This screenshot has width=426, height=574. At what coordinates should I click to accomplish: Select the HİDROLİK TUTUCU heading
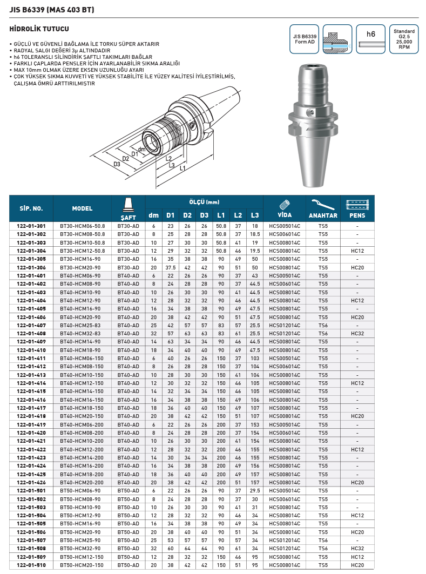point(40,28)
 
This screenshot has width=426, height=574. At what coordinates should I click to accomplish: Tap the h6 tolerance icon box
point(370,39)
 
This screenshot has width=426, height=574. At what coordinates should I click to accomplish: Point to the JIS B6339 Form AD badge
point(303,39)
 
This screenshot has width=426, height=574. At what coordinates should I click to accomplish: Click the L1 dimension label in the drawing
point(182,169)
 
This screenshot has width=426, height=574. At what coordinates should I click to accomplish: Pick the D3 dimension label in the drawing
point(117,164)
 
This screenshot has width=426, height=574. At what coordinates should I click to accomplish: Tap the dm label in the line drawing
point(141,149)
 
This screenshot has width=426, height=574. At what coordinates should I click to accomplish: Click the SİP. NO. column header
point(31,208)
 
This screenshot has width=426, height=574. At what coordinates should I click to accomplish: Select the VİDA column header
point(285,208)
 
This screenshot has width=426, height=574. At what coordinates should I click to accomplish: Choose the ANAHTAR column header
point(323,208)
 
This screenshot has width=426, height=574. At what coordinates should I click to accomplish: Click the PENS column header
point(357,208)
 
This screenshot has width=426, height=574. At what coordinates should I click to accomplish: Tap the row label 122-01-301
point(31,226)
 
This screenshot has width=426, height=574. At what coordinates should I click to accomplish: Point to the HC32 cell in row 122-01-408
point(357,333)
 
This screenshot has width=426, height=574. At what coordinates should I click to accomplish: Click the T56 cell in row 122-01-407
point(323,325)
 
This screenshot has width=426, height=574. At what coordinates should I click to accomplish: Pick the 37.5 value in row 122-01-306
point(171,267)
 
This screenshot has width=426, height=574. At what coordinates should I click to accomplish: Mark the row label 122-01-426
point(31,482)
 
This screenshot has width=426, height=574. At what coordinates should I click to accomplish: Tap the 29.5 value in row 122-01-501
point(255,490)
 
